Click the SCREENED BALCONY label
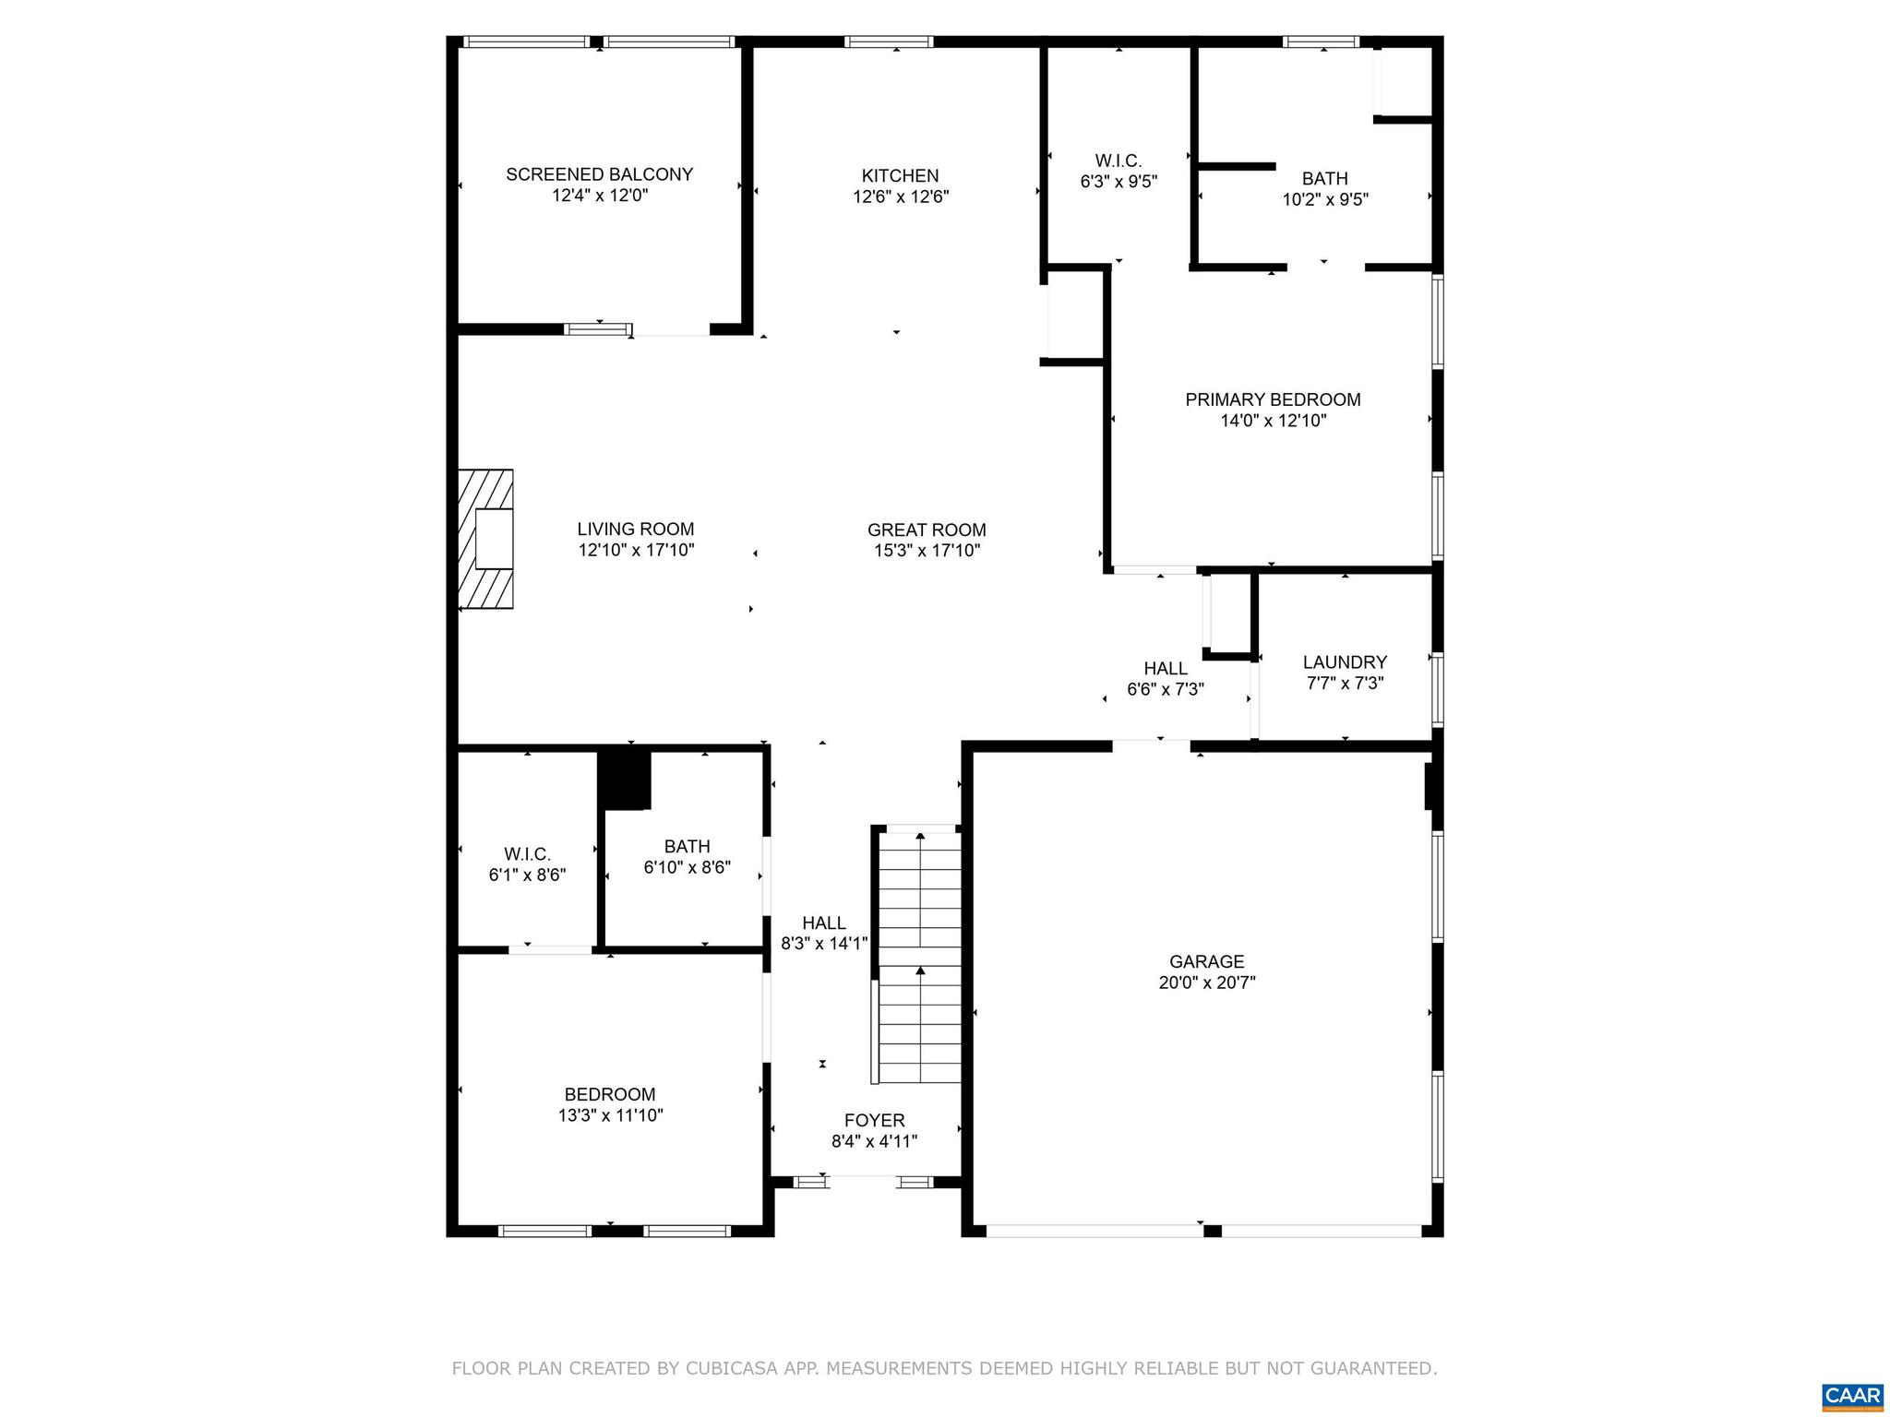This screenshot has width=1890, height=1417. [599, 174]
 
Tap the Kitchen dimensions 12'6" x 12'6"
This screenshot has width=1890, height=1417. [900, 196]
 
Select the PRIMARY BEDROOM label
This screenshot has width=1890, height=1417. [1273, 399]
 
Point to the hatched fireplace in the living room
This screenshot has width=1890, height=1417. [486, 540]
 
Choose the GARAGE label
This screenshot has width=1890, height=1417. [1206, 961]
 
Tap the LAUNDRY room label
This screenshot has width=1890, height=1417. [1345, 661]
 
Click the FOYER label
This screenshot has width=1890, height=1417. [874, 1120]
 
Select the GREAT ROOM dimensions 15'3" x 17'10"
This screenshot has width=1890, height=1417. [927, 551]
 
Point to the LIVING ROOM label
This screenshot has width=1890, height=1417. [635, 529]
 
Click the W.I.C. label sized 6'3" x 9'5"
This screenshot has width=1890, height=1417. [1118, 161]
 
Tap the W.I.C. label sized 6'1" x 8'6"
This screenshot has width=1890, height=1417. [527, 854]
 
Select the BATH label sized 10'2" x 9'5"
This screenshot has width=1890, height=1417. [1324, 178]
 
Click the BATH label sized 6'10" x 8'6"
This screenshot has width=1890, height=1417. [687, 846]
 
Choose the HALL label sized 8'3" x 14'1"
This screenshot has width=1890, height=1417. [823, 923]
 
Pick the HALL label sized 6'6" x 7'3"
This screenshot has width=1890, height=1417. [1165, 668]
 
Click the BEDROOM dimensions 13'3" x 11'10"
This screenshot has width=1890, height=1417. [609, 1115]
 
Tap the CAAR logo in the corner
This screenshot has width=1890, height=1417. [1852, 1394]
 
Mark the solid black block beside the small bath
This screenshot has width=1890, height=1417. [626, 780]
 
